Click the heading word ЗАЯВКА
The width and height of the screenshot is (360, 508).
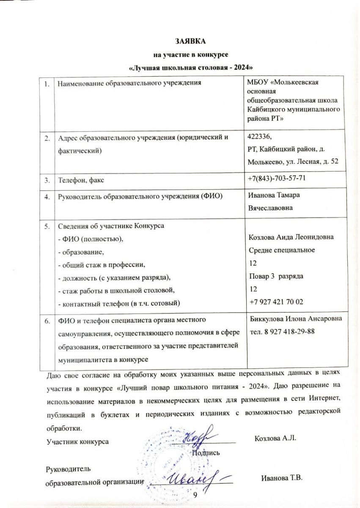point(190,41)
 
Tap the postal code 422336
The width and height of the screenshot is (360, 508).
point(259,137)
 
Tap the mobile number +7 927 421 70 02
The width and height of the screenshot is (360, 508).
point(277,302)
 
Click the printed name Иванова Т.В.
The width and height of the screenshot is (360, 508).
point(283,478)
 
